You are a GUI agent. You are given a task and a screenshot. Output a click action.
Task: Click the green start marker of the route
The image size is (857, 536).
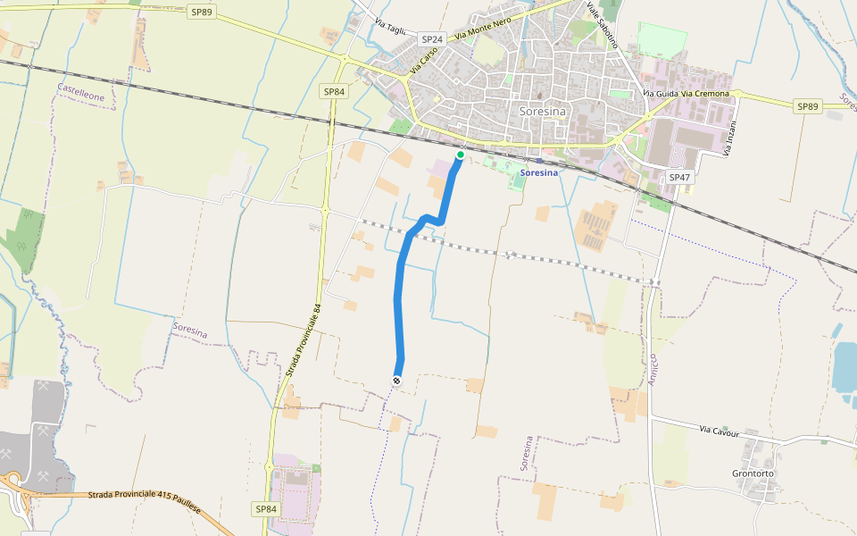pos(460,155)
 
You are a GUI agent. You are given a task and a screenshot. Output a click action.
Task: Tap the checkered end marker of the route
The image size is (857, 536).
pos(396,381)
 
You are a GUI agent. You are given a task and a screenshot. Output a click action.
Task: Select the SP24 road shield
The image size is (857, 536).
pos(432,39)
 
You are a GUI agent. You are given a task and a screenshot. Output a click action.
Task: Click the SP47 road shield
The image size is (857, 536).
pos(679,178)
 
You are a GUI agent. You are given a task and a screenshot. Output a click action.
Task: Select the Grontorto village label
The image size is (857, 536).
pos(753,473)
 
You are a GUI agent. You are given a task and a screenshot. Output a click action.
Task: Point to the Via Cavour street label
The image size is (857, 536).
pos(720,431)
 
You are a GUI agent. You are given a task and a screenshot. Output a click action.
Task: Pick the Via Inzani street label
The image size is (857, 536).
pos(728,139)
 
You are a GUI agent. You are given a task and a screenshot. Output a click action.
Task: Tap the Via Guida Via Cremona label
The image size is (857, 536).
pos(686,94)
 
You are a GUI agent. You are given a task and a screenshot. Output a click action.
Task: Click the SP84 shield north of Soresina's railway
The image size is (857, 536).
pos(334,91)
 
